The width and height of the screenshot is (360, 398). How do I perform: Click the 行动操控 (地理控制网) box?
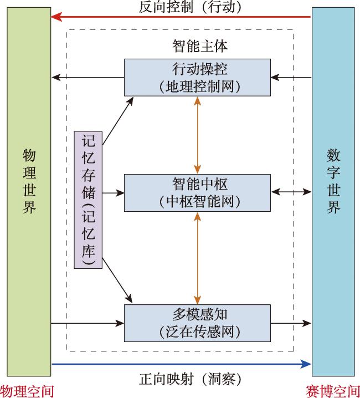click(x=197, y=78)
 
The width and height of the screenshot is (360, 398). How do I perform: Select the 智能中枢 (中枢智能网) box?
click(x=197, y=193)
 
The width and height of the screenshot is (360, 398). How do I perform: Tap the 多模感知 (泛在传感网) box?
click(x=197, y=323)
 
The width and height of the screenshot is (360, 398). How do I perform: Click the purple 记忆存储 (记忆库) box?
click(x=88, y=200)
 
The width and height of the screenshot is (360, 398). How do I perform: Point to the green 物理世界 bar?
click(x=29, y=192)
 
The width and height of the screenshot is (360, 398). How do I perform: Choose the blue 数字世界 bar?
click(x=333, y=192)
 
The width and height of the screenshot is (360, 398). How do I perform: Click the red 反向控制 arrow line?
click(x=181, y=17)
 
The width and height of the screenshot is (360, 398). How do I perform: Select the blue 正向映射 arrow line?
click(x=182, y=364)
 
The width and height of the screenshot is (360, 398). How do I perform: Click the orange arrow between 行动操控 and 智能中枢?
click(x=197, y=135)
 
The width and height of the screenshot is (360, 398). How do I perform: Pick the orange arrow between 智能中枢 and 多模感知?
click(x=197, y=258)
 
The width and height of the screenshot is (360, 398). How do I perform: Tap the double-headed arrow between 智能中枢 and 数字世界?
click(x=291, y=192)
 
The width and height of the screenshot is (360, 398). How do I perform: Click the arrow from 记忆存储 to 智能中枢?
click(x=113, y=193)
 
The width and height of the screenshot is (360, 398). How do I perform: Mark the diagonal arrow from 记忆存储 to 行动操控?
click(x=118, y=121)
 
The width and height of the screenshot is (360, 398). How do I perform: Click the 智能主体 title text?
click(x=200, y=46)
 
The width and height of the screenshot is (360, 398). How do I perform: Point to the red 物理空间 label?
click(x=27, y=391)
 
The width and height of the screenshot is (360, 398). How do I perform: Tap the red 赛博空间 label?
click(x=333, y=391)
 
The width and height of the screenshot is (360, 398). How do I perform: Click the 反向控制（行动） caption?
click(x=190, y=7)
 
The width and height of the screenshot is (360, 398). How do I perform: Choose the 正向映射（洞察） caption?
click(x=190, y=379)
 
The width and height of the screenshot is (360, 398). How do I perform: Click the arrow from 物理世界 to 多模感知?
click(x=88, y=323)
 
